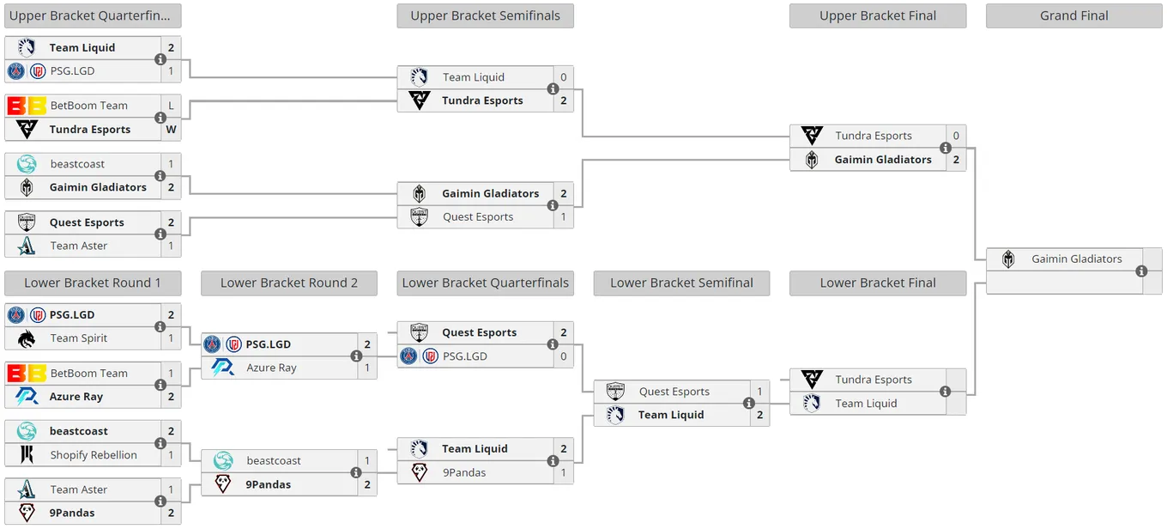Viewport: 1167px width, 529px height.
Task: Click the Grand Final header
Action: [1073, 15]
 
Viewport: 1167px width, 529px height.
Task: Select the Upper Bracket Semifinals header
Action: [485, 15]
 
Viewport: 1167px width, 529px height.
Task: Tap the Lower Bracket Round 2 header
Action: [289, 283]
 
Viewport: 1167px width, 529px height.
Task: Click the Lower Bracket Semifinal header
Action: [681, 283]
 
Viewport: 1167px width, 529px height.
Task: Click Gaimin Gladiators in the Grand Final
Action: [1076, 259]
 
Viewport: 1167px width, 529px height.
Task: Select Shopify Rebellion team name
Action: [94, 455]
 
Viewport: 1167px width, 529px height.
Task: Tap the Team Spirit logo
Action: [27, 338]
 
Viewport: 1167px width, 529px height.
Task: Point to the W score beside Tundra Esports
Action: [171, 130]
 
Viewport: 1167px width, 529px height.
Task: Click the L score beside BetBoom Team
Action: [171, 106]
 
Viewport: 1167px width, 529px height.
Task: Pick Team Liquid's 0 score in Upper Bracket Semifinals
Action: [563, 77]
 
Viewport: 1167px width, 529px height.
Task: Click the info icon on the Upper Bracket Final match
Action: [945, 148]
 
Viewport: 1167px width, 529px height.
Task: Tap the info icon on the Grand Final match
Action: [1141, 271]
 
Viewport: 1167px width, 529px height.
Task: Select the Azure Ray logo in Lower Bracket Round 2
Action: [223, 368]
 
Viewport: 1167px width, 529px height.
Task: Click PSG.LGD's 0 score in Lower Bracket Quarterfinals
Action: [563, 356]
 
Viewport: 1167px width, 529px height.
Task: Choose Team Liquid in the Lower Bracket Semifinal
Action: [671, 415]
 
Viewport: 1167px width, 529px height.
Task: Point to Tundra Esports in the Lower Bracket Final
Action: [874, 380]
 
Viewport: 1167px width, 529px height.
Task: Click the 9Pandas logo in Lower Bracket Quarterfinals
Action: [420, 472]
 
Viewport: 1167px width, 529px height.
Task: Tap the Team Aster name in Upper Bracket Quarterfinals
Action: [79, 246]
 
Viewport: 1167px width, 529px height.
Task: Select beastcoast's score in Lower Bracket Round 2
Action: [366, 460]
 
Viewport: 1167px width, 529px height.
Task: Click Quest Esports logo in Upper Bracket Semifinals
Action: [420, 216]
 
